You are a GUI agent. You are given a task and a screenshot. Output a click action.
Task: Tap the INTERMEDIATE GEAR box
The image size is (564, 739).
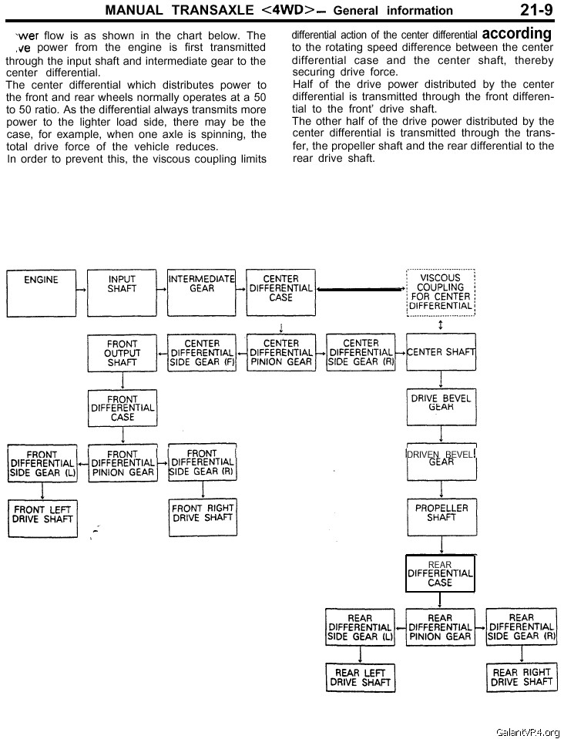(202, 290)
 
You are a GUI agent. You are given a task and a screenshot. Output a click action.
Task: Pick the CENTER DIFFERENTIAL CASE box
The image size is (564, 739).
(280, 290)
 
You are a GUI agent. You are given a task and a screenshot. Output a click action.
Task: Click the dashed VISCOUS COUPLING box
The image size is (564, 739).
(441, 292)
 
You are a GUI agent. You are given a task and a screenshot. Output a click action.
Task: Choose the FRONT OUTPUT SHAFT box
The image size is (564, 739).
(122, 353)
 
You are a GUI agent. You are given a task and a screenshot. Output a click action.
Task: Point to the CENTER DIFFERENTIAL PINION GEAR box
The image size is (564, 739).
(280, 353)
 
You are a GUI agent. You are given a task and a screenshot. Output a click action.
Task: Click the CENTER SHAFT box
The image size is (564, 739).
(441, 352)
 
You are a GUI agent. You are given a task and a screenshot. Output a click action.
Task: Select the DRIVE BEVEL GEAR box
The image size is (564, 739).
(441, 406)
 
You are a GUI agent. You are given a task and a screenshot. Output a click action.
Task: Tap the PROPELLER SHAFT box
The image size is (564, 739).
(441, 517)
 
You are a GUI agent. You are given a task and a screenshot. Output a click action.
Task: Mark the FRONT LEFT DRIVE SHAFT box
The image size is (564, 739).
(42, 517)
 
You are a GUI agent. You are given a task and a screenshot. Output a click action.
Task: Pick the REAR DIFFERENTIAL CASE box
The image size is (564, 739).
(440, 574)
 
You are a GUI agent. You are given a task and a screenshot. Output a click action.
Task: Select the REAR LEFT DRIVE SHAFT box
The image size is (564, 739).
(361, 677)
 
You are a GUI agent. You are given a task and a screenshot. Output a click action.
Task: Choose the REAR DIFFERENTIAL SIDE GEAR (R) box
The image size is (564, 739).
(521, 627)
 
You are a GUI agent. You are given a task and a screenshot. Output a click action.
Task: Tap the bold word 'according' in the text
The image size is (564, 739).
(517, 35)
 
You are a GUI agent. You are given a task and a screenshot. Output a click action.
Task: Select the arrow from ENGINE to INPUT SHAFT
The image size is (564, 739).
(82, 290)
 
